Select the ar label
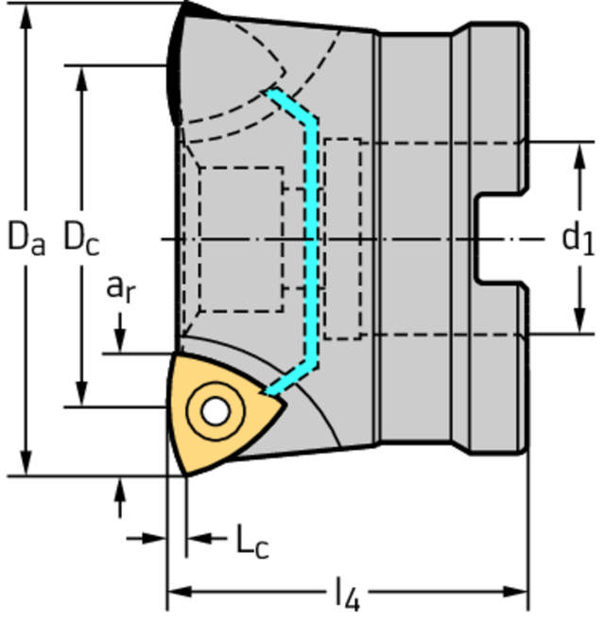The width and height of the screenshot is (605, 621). (119, 289)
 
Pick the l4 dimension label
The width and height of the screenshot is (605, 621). (347, 595)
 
